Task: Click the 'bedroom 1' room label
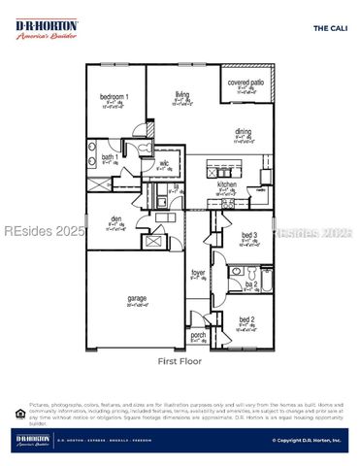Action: click(x=115, y=97)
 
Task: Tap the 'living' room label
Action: click(x=180, y=94)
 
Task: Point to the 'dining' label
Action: click(x=243, y=132)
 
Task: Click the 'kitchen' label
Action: click(x=226, y=183)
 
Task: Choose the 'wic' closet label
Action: click(x=165, y=164)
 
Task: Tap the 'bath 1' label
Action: click(x=110, y=156)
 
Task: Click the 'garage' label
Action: click(x=136, y=298)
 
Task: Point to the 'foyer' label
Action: click(x=198, y=273)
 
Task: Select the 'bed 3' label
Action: click(x=248, y=235)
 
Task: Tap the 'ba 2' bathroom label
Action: click(x=250, y=284)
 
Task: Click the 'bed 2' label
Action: click(x=246, y=319)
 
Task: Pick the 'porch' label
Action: click(x=198, y=335)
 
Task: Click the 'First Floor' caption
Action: click(x=179, y=361)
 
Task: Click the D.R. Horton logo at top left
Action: click(x=47, y=29)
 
